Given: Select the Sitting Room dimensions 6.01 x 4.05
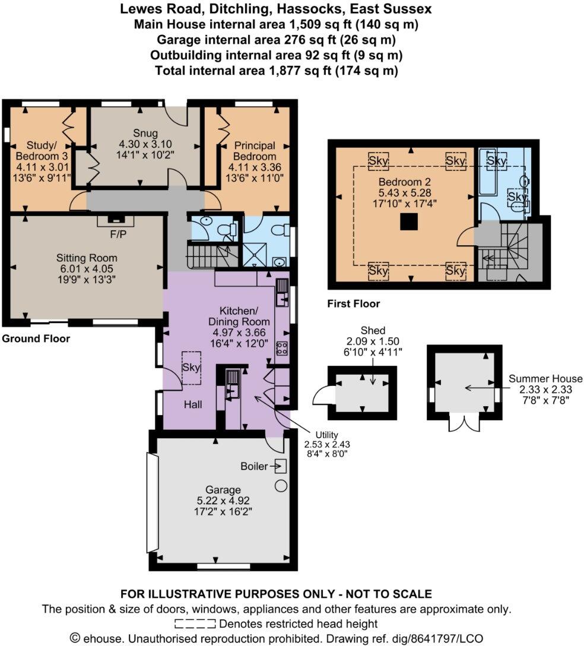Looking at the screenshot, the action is point(87,269).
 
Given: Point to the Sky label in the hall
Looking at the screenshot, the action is point(192,368).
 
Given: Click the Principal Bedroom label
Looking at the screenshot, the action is point(254,150).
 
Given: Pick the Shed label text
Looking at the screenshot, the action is point(373,331).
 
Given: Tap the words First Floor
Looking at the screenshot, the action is point(354,304).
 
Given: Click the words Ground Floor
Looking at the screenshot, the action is point(36,339).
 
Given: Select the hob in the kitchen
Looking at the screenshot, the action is point(282,349).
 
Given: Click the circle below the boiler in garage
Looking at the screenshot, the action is point(281,486).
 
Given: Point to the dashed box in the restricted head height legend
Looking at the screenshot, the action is point(195,624).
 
